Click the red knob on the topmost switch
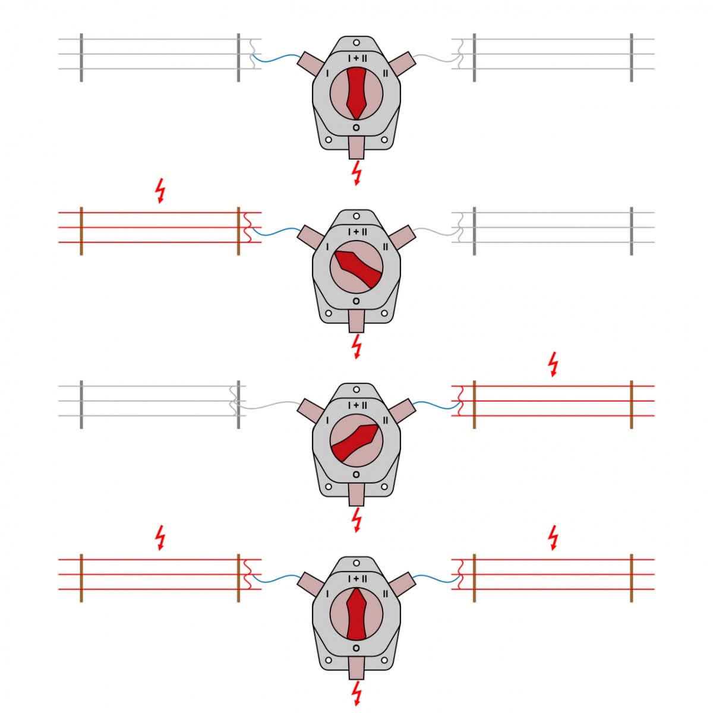point(356,93)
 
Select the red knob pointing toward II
point(356,443)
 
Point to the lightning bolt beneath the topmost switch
point(356,173)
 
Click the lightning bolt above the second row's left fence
point(160,191)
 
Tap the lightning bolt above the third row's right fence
point(553,364)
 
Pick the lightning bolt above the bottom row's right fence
point(553,537)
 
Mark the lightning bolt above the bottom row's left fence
point(160,537)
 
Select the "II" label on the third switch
point(386,420)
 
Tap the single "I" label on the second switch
point(327,247)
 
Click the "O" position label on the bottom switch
point(356,648)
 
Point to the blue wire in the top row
point(276,58)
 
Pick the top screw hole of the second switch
point(356,216)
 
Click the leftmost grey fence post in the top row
point(81,58)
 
